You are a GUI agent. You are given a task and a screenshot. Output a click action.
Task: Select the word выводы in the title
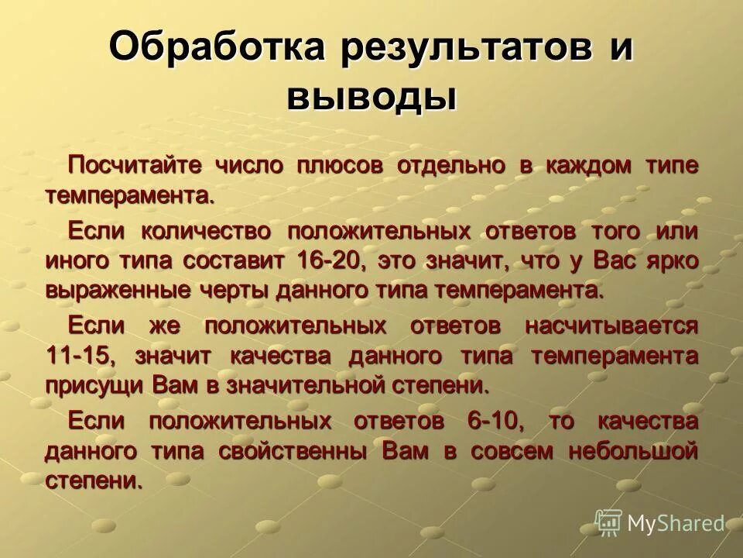371,99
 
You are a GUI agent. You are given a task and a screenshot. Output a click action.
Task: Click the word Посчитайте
135,164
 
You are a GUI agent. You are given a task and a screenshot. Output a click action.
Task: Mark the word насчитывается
611,326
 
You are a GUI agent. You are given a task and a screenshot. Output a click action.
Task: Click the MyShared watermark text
676,524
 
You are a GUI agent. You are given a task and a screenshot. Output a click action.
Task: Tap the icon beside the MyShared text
608,523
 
